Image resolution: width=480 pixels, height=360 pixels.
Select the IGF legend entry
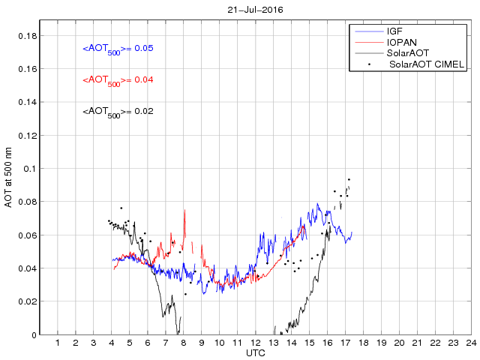tap(394, 31)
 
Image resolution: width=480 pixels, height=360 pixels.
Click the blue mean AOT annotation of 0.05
tap(118, 49)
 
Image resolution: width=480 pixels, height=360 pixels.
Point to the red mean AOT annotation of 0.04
tap(118, 80)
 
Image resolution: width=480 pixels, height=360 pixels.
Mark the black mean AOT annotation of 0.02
tap(118, 112)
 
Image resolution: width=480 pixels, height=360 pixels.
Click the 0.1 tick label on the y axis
tap(29, 169)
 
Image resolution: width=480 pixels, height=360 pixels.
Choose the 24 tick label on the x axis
tap(470, 343)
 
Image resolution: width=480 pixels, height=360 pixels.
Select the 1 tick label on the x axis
tap(58, 343)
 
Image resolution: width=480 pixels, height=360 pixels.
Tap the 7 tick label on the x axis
tap(166, 343)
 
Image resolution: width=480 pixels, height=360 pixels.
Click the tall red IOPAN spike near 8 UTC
tap(184, 211)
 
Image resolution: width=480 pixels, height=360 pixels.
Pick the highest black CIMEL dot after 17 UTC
tap(349, 179)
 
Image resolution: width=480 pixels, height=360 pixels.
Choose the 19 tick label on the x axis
tap(381, 343)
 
